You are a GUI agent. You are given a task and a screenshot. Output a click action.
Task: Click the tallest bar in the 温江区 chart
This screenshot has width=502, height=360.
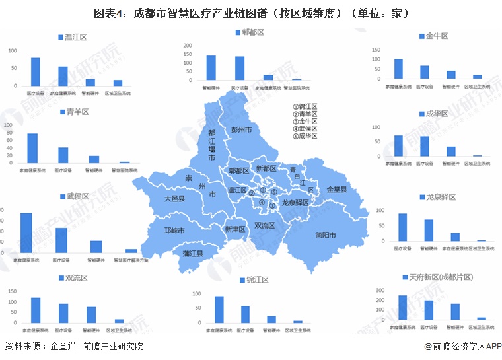point(35,72)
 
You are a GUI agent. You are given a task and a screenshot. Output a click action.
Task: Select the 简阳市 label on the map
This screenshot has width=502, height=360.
point(326,235)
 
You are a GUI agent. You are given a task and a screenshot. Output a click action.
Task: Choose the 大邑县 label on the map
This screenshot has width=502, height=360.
point(179,198)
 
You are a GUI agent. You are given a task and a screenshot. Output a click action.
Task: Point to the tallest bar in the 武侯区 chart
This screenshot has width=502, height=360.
point(26,233)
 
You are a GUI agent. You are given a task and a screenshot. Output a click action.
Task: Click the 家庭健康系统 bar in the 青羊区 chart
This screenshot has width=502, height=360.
point(32,148)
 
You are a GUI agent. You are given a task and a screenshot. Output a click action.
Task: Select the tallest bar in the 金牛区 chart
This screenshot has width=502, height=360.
point(398,69)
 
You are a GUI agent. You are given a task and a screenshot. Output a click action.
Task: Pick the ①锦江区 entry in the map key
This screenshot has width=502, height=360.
point(305,106)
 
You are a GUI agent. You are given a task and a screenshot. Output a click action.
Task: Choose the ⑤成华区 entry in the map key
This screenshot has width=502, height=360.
point(305,136)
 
